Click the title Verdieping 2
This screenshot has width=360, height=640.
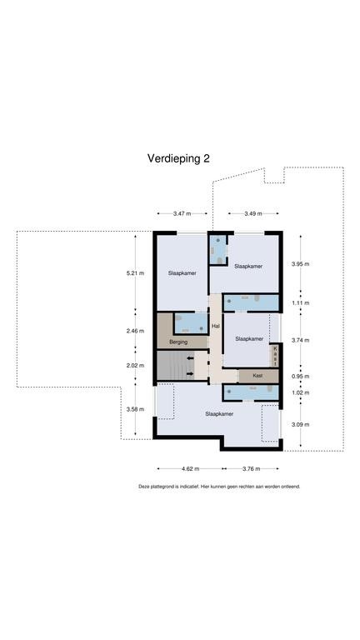178,158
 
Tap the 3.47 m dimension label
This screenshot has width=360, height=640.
182,213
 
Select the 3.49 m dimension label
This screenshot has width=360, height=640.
253,213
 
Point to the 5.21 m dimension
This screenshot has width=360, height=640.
136,273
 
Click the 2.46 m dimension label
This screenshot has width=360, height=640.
136,331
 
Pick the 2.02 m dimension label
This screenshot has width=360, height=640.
136,365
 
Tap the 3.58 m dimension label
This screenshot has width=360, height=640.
136,409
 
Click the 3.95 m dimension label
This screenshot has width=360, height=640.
300,263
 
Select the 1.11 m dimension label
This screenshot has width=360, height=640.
300,302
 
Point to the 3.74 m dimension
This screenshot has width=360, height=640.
300,340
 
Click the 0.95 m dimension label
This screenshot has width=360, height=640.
300,377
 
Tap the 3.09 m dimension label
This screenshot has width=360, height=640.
300,424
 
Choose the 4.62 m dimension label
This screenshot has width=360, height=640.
190,468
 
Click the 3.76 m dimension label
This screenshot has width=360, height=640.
251,468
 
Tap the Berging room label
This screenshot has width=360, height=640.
178,342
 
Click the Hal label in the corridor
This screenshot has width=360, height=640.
216,326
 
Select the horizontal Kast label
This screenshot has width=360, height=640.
257,376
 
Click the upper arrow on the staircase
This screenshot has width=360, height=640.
190,358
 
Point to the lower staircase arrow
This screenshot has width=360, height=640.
190,373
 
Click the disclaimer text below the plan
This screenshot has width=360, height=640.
220,487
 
